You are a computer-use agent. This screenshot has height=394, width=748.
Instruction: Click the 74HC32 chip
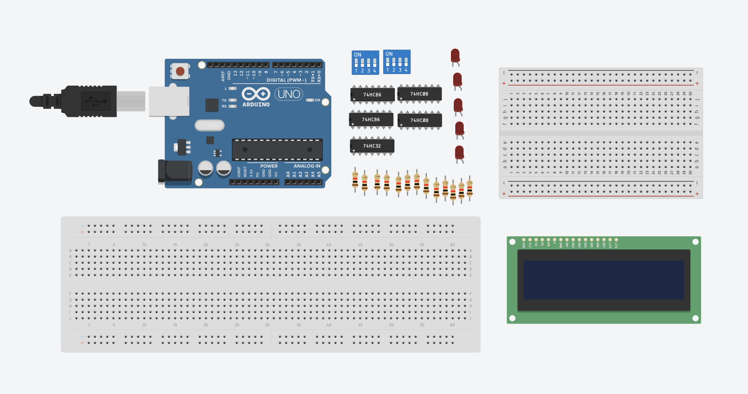pos(372,146)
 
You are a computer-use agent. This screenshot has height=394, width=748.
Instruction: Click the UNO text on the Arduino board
pos(289,94)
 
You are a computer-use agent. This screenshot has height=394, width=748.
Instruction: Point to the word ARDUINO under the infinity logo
pos(256,105)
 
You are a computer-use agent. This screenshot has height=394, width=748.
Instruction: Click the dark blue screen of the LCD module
pos(603,280)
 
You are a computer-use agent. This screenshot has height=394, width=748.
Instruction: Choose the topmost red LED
pos(455,56)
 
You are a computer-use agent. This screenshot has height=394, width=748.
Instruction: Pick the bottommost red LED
pos(459,153)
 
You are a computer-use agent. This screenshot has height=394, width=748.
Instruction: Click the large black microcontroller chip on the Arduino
pos(277,150)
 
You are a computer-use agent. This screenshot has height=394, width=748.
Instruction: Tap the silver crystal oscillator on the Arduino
pos(209,125)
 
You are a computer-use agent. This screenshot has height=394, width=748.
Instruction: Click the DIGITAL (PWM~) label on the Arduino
pos(286,80)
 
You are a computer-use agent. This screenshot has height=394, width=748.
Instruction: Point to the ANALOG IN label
pos(307,166)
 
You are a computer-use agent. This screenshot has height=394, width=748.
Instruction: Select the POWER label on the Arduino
pos(269,166)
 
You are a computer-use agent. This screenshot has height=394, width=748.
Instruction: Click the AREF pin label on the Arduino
pos(223,76)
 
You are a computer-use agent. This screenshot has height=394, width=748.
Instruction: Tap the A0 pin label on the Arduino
pos(288,175)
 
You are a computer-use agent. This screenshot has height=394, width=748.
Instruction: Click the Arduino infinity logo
pos(256,94)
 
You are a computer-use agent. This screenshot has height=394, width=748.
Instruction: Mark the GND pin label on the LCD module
pos(524,244)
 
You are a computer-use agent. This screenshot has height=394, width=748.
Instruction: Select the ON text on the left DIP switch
pos(358,55)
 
